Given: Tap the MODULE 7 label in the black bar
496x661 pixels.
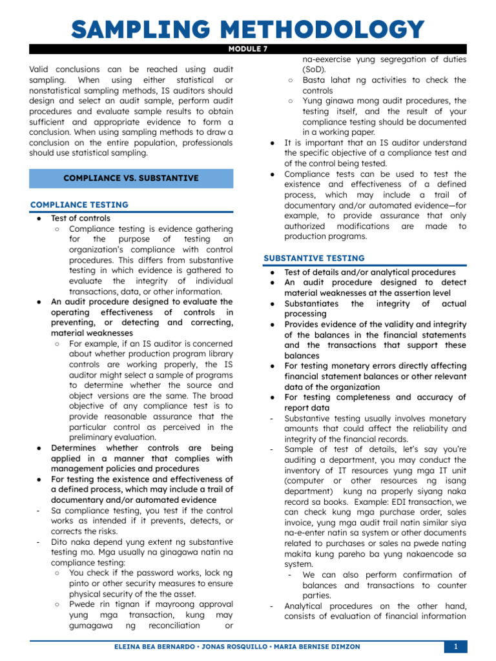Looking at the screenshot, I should [248, 48].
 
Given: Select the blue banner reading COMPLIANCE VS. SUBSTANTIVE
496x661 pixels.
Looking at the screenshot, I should [131, 178].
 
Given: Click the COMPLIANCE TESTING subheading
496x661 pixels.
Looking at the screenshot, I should [79, 205].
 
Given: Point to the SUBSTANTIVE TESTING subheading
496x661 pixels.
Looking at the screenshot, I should [314, 258].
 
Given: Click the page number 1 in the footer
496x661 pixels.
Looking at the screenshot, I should [455, 646].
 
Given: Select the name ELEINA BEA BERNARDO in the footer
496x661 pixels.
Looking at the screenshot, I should [144, 646].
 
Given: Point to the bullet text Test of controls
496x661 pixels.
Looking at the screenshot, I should [81, 218].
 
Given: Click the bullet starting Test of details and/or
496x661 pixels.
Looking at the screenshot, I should [369, 272].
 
